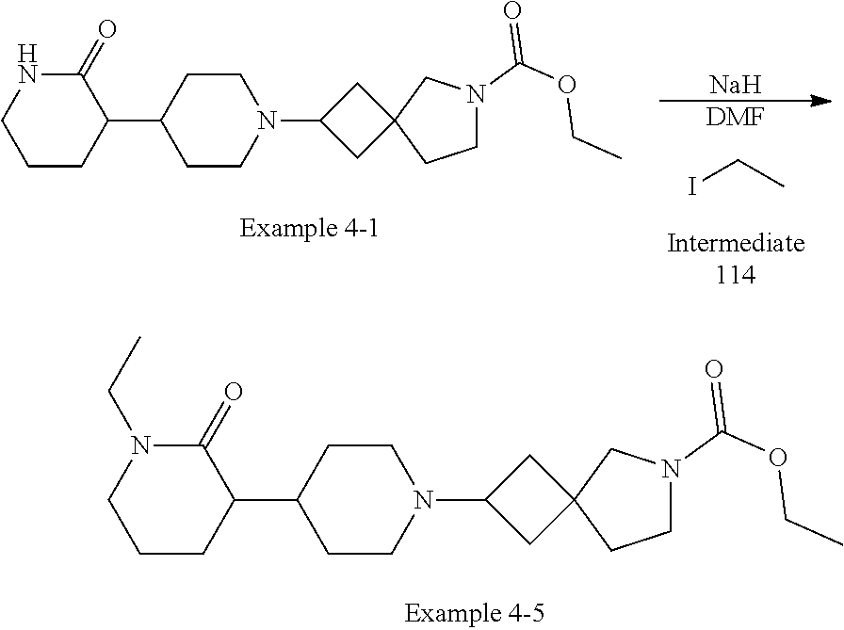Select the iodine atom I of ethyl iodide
tap(692, 187)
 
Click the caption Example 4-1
tap(309, 229)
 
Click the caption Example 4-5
tap(474, 613)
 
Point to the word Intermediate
tap(736, 244)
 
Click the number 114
tap(736, 277)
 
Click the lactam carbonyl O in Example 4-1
tap(106, 29)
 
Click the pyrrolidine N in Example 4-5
tap(670, 468)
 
